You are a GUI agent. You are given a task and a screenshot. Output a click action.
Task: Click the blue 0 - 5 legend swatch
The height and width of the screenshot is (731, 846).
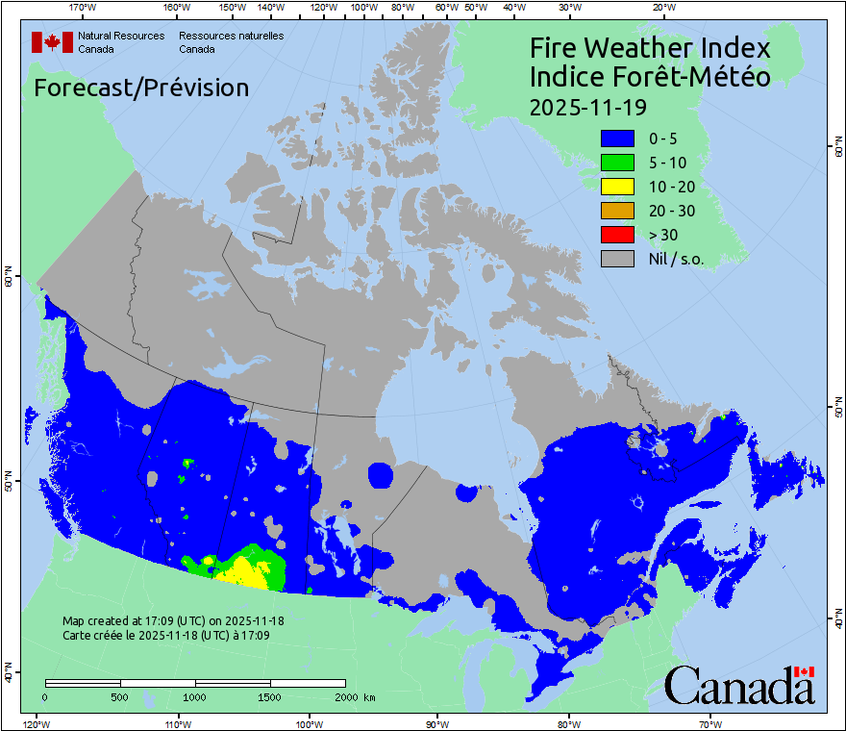(617, 139)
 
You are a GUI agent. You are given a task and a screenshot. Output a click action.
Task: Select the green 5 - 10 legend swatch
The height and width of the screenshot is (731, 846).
(617, 163)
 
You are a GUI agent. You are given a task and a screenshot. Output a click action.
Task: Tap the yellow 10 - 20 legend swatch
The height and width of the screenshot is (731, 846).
(617, 187)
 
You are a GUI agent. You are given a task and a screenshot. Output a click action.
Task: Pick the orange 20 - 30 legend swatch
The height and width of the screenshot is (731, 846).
(617, 211)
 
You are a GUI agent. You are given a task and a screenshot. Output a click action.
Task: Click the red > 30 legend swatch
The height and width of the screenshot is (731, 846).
(617, 235)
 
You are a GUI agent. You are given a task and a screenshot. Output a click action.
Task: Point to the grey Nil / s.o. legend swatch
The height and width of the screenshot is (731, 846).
(617, 259)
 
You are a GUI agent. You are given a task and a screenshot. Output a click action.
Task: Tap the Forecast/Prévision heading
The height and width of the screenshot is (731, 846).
(141, 88)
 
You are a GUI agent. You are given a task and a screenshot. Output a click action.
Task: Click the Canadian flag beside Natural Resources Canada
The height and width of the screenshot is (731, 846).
(52, 41)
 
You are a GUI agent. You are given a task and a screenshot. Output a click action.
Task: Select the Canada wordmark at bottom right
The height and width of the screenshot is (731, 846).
(739, 686)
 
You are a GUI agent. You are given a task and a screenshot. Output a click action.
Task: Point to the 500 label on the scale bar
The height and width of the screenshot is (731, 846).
(121, 696)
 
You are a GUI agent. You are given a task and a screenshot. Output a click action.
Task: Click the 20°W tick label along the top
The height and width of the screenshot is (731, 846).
(662, 8)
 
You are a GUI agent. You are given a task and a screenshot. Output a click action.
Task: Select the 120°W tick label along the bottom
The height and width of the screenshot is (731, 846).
(36, 723)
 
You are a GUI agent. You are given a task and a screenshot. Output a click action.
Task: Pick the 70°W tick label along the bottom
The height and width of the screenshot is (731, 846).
(710, 723)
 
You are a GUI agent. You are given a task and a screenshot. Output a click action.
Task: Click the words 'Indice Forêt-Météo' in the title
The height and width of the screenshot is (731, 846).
(650, 77)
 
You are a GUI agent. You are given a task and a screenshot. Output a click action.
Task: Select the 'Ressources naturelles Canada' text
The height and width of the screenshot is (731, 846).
(231, 41)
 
